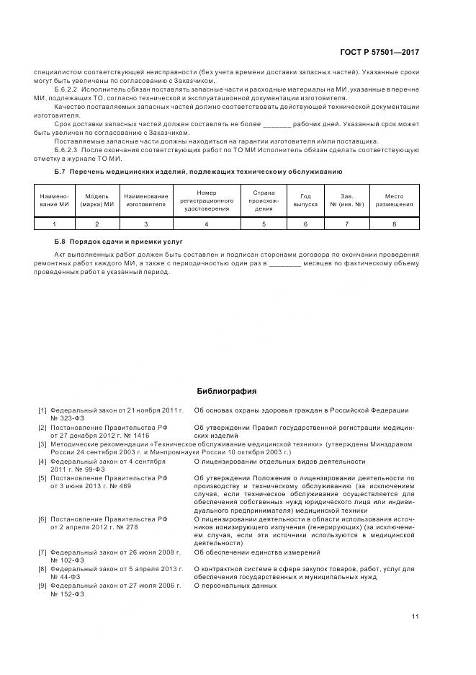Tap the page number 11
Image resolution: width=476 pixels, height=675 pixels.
[416, 615]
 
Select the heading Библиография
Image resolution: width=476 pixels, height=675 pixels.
[227, 391]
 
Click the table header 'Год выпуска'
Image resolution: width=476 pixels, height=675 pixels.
[305, 200]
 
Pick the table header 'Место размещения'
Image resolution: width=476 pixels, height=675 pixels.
[395, 200]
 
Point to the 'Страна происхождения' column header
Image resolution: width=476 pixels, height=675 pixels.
[264, 200]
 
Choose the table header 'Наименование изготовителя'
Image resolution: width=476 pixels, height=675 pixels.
[146, 200]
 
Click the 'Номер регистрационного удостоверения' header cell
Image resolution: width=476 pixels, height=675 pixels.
[207, 200]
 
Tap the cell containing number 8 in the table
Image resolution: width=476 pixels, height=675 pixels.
[395, 224]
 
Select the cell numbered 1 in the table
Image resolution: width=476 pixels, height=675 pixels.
[53, 224]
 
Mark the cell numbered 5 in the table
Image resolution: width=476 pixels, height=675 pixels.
[264, 224]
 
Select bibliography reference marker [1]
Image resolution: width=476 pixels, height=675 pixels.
[43, 410]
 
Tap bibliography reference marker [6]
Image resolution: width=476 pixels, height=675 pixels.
[43, 519]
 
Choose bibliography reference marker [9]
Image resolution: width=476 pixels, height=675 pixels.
[43, 586]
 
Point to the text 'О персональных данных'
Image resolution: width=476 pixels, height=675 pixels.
[235, 586]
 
